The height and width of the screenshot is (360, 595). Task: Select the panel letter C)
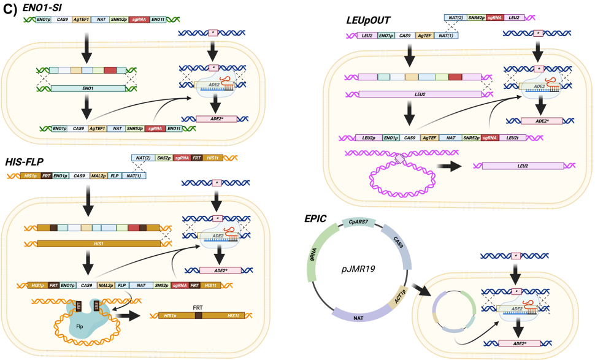click(10, 9)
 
